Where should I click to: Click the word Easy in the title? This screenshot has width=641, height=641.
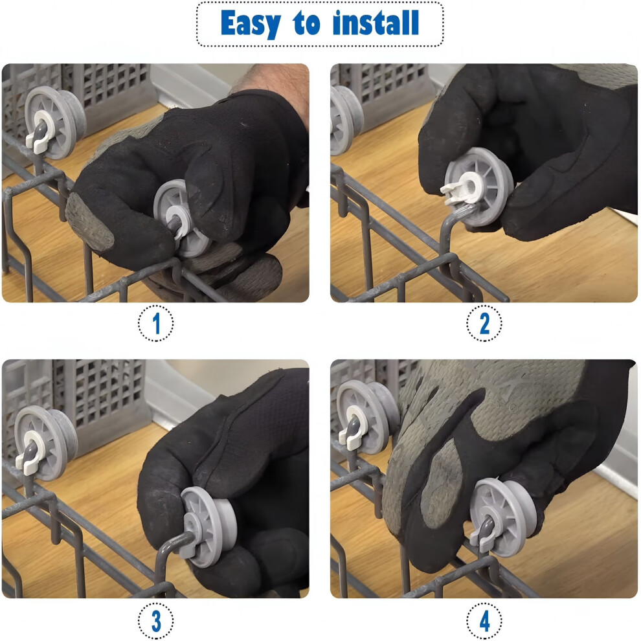pos(251,24)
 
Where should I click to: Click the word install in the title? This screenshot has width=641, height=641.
pos(376,23)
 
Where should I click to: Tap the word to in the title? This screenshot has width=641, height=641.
pos(306,24)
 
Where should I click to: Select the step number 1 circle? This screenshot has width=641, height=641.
pos(156,323)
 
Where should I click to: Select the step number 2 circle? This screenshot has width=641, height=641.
pos(484,323)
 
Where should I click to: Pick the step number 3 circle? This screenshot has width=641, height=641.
pos(156,620)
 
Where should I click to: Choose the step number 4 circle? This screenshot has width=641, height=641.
pos(484,620)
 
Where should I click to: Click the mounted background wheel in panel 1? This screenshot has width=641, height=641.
pos(55,122)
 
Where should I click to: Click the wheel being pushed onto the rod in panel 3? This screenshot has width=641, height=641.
pos(208,527)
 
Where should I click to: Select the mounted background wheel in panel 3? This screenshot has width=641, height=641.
pos(45,443)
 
